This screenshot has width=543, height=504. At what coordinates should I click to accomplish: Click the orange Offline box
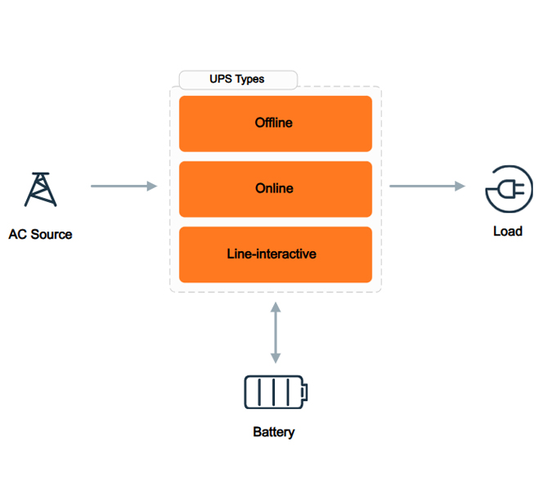click(x=275, y=124)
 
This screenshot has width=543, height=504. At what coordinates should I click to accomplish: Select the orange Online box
click(x=275, y=189)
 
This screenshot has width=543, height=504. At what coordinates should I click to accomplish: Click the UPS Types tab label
click(x=237, y=79)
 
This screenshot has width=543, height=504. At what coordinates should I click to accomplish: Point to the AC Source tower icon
click(x=40, y=189)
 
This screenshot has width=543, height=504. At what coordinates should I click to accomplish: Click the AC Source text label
click(x=40, y=235)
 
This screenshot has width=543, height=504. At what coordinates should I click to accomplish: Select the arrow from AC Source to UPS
click(x=123, y=187)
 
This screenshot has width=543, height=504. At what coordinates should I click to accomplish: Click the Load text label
click(x=507, y=232)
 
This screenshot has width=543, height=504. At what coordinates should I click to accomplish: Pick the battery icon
click(x=276, y=392)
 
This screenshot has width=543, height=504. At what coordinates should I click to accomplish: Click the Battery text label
click(x=274, y=432)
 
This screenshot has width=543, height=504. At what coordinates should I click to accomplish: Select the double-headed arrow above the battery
click(x=276, y=332)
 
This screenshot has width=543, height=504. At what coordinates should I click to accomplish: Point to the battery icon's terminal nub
click(x=306, y=393)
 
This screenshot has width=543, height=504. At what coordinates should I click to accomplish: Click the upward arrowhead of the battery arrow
click(x=276, y=306)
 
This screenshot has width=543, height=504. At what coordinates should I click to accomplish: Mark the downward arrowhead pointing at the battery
click(x=276, y=358)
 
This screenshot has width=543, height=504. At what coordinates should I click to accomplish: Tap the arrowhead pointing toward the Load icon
click(x=460, y=187)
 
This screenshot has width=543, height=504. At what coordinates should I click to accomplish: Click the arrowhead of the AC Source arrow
click(x=151, y=187)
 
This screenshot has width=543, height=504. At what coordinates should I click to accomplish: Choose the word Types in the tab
click(x=250, y=79)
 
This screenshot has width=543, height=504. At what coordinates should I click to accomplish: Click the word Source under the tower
click(x=52, y=235)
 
